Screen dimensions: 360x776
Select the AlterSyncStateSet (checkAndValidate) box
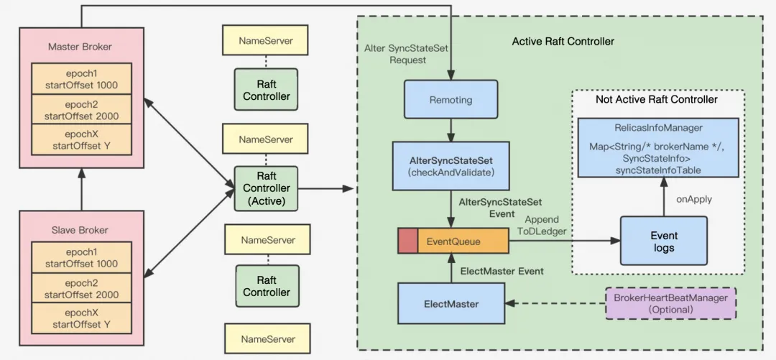click(x=451, y=165)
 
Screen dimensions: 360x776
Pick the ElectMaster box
click(x=451, y=304)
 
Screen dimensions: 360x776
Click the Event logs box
click(x=664, y=241)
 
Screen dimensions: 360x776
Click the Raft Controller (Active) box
click(x=266, y=188)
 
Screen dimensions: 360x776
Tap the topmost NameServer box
click(x=266, y=41)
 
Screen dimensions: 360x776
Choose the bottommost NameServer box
click(x=267, y=338)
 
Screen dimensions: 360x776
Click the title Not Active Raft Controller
click(x=656, y=99)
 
